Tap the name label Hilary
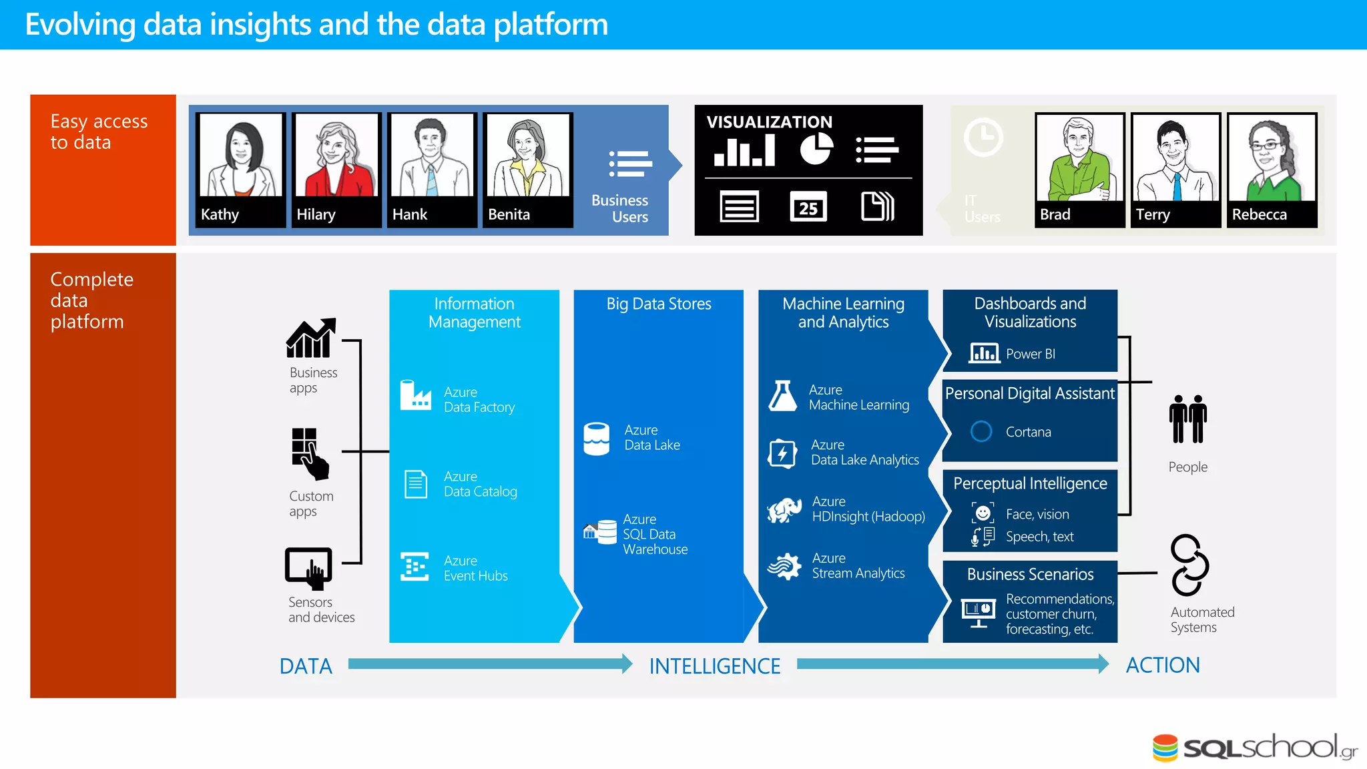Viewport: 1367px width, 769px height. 316,214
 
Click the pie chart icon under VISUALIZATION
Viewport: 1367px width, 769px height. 816,148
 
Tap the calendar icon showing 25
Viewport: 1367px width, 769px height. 808,207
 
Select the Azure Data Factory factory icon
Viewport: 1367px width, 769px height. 415,395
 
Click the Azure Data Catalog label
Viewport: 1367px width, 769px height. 480,484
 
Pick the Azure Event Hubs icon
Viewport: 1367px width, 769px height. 415,567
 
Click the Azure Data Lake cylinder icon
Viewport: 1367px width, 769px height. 596,439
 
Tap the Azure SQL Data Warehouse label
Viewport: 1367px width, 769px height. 654,534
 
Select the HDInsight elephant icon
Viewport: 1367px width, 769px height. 784,510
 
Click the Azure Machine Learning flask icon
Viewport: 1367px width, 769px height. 782,396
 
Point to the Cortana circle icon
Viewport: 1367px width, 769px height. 981,431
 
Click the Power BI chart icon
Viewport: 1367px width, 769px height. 983,353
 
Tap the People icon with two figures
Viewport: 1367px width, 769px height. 1187,419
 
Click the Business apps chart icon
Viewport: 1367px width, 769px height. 310,338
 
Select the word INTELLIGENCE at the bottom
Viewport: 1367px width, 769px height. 714,666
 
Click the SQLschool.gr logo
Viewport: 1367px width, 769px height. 1255,748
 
